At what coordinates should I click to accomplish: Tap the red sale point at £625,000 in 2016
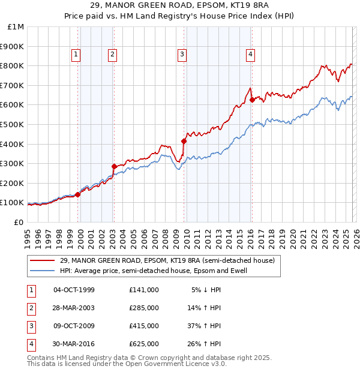click(252, 100)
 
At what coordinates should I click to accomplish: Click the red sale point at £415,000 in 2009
click(184, 141)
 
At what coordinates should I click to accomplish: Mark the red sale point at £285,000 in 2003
click(114, 166)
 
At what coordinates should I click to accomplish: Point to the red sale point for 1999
click(77, 194)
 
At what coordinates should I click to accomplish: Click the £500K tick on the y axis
click(13, 124)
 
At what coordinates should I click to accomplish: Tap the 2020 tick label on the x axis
click(293, 236)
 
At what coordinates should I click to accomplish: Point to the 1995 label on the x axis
click(28, 236)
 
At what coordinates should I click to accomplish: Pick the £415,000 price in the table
click(143, 326)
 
